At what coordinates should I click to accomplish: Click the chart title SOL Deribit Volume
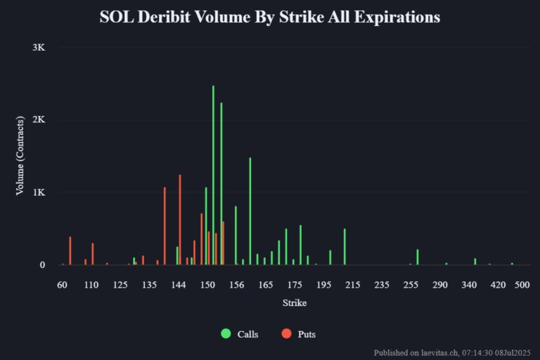(270, 17)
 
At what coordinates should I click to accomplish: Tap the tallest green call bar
(213, 176)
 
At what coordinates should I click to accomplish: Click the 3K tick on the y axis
(39, 48)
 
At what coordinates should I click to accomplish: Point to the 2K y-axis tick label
(39, 120)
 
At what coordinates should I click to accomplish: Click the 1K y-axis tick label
(39, 193)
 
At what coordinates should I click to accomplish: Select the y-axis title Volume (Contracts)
(20, 156)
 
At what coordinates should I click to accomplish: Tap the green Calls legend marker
(226, 334)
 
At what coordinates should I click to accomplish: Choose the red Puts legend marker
(286, 334)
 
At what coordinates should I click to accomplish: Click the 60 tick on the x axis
(63, 285)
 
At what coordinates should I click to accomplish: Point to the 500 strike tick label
(522, 285)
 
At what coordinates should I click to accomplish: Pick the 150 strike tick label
(207, 285)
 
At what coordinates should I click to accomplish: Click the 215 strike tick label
(353, 285)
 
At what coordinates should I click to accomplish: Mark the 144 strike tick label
(179, 285)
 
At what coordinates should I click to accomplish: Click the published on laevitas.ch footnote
(454, 352)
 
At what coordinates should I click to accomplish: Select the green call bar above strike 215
(345, 247)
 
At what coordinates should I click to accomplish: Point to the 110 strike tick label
(91, 285)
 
